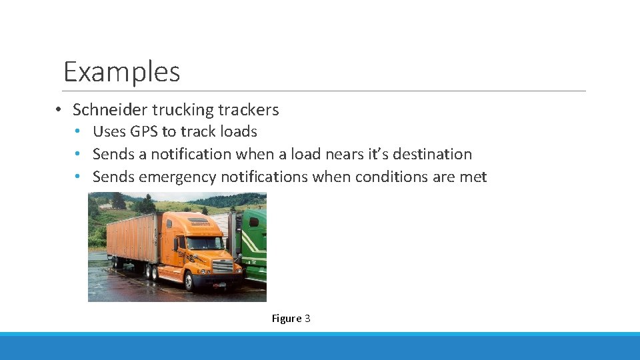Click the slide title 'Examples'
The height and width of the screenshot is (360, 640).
point(121,71)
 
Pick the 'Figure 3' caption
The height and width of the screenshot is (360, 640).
point(291,318)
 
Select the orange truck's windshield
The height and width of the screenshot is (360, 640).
point(204,243)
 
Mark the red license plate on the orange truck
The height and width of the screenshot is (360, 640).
point(220,285)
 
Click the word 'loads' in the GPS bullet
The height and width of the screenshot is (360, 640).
point(239,131)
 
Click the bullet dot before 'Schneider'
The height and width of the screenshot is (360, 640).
point(59,110)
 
